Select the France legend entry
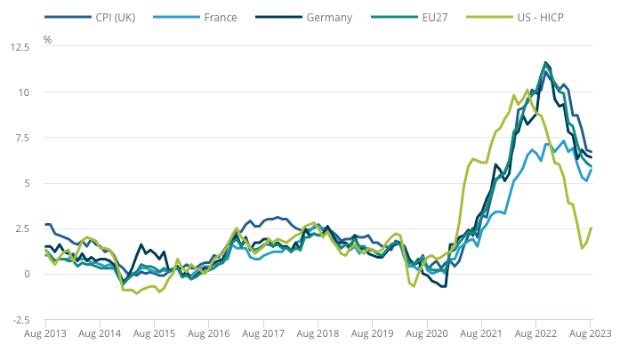(219, 17)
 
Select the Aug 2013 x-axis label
(44, 335)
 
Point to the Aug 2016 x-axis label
(208, 335)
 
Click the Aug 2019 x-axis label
(372, 335)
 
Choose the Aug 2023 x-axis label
(587, 335)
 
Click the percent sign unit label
(47, 40)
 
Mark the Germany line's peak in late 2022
(545, 62)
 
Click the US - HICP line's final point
(591, 228)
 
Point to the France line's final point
(591, 170)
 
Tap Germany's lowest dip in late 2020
(443, 286)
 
